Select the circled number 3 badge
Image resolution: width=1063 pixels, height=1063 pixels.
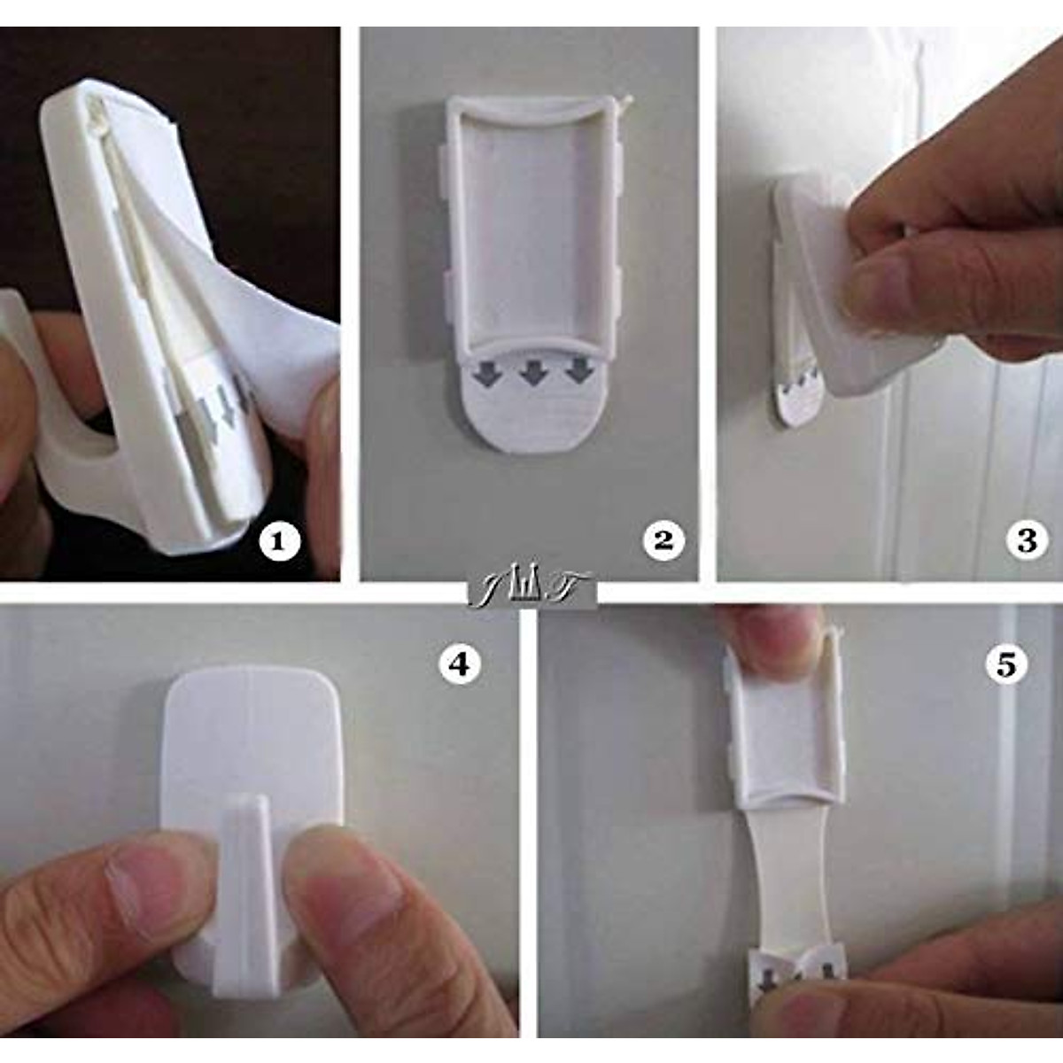(1027, 541)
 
